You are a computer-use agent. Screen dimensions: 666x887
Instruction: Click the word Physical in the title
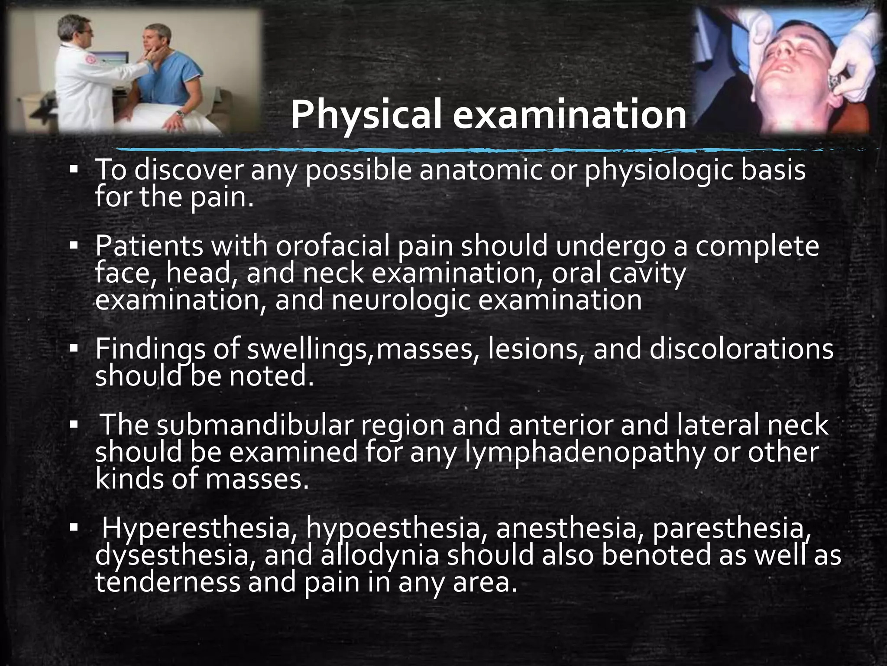366,114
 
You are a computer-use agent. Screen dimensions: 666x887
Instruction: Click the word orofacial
333,246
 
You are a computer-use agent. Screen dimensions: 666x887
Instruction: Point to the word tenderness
167,582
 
